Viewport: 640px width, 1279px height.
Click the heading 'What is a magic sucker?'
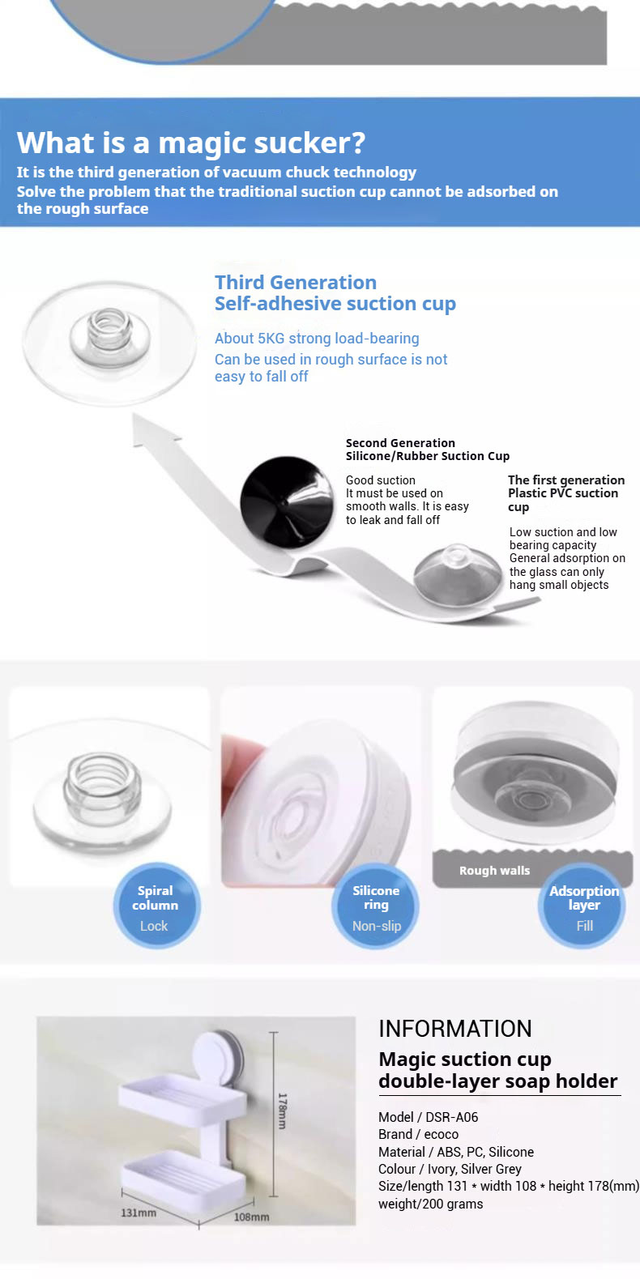(190, 143)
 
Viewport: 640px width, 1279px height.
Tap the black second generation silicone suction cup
(287, 503)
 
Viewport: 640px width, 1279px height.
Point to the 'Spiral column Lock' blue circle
(156, 906)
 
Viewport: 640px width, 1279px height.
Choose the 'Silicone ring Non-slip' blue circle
(375, 906)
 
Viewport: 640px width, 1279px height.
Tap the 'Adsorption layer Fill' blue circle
(582, 906)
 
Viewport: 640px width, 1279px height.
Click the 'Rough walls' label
(494, 871)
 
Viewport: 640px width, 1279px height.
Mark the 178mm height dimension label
(282, 1111)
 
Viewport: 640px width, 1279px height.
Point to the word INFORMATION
(455, 1029)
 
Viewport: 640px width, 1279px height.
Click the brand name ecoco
(441, 1135)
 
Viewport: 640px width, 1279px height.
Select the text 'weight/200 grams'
(430, 1204)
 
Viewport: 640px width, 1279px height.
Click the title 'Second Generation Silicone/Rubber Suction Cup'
(428, 450)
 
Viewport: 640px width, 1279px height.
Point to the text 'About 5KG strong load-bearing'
(317, 339)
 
